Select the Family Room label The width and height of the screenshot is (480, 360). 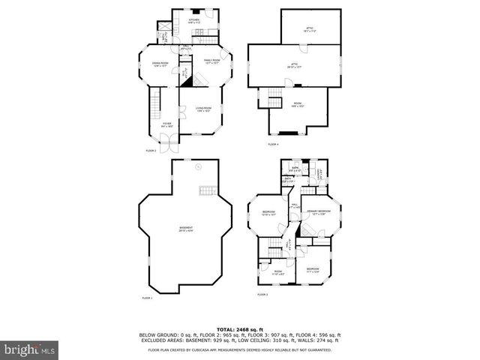click(211, 61)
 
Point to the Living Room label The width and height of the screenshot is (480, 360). click(202, 109)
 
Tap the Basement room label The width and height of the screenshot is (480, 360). click(184, 229)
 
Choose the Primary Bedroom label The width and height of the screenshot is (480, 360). click(319, 213)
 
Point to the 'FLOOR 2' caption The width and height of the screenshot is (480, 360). click(151, 151)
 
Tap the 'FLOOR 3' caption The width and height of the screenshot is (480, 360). click(262, 295)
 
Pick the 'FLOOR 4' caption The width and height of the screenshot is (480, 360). click(273, 144)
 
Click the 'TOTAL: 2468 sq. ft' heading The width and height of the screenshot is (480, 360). click(239, 328)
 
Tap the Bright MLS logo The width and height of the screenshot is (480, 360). click(30, 349)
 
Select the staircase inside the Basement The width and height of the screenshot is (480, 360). click(208, 192)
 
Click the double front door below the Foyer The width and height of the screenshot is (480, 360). click(174, 143)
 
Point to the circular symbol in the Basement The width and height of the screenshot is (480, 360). click(199, 169)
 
